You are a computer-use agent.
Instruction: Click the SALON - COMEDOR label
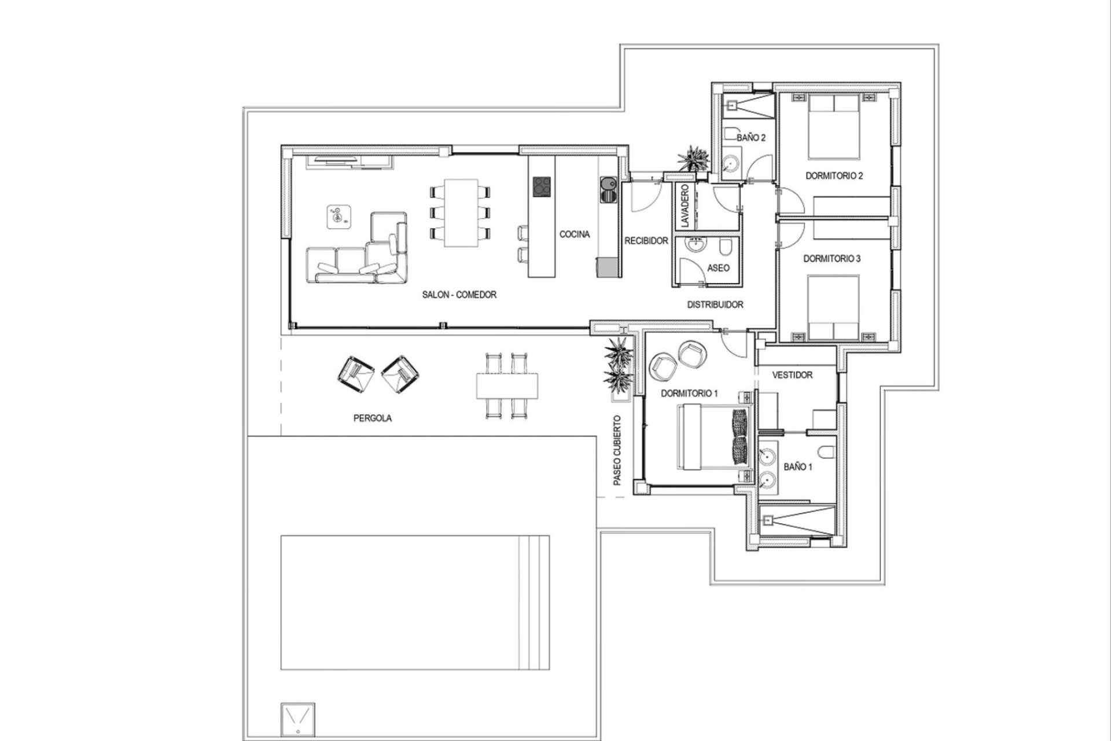pos(459,295)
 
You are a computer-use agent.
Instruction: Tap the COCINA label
pos(575,234)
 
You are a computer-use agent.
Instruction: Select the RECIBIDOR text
pos(646,241)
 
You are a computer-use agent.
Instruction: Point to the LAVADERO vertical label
pos(685,206)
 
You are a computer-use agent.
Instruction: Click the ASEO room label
pos(719,268)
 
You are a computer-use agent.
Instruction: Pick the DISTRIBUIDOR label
pos(715,305)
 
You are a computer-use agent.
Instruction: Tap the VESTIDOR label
pos(792,375)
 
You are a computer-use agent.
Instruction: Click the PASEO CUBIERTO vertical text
pos(617,450)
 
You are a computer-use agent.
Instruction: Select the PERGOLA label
pos(373,418)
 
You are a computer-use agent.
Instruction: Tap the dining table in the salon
pos(461,212)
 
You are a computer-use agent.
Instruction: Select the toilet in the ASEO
pos(726,249)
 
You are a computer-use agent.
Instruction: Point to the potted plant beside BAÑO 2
pos(693,159)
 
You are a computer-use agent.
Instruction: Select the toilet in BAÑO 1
pos(826,450)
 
